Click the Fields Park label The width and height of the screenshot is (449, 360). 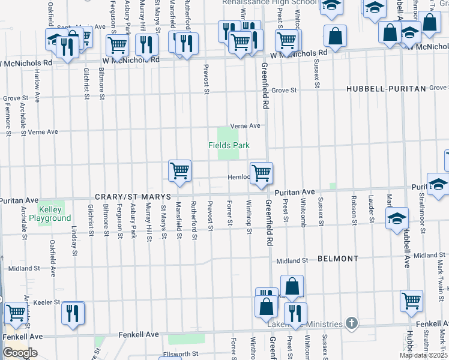tap(229, 145)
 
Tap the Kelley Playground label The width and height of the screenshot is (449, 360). tap(54, 214)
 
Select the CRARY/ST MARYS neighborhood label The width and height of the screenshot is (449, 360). tap(133, 197)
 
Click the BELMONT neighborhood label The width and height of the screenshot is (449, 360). tap(338, 259)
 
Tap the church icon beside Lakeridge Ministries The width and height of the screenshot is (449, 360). tap(352, 324)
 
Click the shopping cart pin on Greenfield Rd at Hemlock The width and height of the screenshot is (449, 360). tap(261, 173)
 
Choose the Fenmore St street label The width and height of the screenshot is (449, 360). tap(8, 118)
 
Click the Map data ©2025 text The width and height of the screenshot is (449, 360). tap(424, 355)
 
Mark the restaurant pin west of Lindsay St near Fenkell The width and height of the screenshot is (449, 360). tap(73, 313)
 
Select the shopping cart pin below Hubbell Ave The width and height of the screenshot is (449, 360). tap(412, 301)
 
